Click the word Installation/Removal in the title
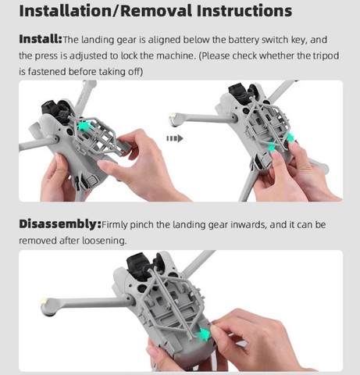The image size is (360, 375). [105, 11]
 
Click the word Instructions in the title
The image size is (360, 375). [244, 11]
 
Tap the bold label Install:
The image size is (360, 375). [41, 39]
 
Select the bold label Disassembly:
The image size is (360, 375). [60, 224]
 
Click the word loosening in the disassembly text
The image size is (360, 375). [104, 241]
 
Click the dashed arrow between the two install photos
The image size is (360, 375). [175, 138]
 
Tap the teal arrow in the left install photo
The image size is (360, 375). [85, 126]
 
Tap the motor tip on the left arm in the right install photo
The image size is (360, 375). [174, 119]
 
